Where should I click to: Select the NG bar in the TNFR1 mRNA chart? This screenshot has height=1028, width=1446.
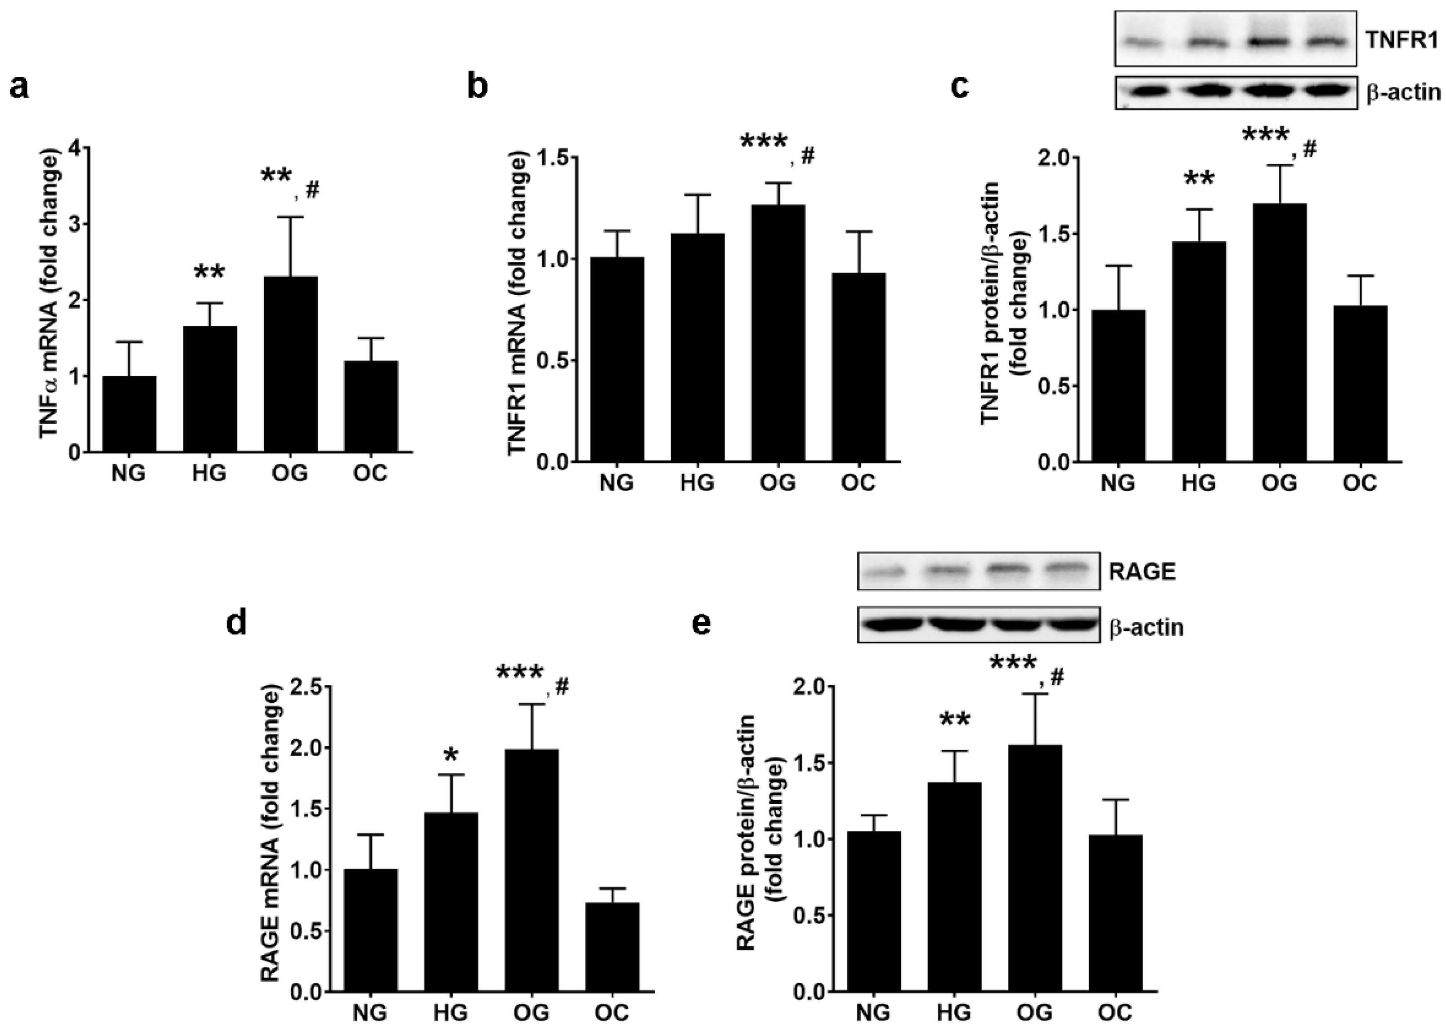(x=617, y=359)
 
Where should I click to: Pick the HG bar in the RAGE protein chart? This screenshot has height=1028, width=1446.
(x=955, y=886)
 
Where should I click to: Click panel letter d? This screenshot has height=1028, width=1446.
(x=237, y=623)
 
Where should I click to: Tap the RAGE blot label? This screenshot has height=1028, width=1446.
(x=1142, y=572)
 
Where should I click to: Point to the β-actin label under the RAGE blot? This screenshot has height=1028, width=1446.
(x=1146, y=627)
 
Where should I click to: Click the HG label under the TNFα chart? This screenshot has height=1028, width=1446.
(x=209, y=474)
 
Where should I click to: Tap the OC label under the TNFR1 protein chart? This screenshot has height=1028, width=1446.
(x=1360, y=483)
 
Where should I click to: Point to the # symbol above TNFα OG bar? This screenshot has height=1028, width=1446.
(x=312, y=190)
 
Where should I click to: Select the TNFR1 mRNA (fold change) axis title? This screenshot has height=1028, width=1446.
(x=518, y=304)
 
